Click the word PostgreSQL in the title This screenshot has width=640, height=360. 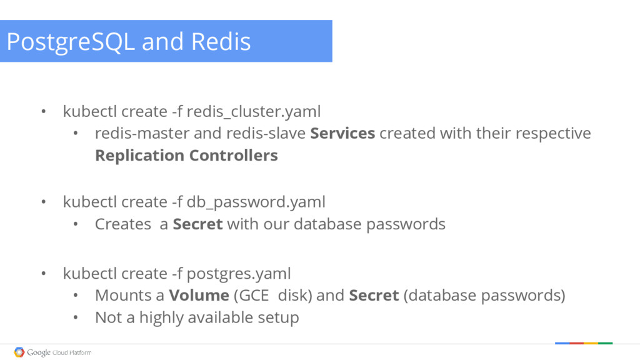69,42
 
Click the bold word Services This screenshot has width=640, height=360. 342,133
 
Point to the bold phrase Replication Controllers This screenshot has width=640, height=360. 186,155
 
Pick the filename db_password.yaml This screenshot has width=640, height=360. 256,202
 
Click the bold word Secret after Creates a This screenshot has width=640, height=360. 197,224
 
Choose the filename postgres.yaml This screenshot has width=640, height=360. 239,273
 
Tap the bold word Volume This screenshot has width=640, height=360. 199,295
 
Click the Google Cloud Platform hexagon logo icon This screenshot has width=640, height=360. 19,352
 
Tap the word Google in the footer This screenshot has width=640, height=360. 39,352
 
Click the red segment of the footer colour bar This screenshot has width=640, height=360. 576,343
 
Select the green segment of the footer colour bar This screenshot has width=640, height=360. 605,343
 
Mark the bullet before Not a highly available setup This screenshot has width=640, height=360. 75,317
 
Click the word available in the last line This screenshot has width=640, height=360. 222,317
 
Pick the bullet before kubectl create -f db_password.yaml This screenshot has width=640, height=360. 43,202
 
